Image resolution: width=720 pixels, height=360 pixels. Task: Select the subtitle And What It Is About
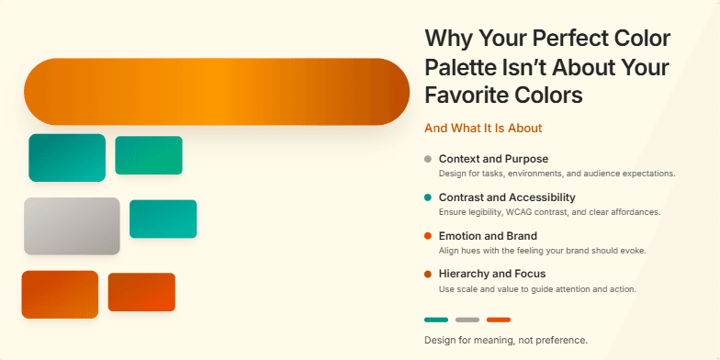click(x=483, y=129)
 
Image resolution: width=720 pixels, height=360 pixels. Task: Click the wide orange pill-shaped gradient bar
click(x=217, y=92)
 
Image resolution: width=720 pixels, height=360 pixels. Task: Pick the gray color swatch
click(x=72, y=226)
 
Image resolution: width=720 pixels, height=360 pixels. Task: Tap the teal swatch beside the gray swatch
click(x=163, y=219)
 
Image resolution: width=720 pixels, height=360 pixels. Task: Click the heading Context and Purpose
click(x=493, y=159)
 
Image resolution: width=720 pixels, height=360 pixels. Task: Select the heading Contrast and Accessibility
click(x=507, y=197)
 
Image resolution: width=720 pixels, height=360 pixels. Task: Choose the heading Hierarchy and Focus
click(x=492, y=274)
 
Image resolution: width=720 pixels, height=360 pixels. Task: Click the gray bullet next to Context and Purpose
click(x=428, y=159)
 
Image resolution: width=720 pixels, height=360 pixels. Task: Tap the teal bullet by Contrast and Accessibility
click(x=428, y=197)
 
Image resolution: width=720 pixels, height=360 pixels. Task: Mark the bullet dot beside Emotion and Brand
click(x=428, y=236)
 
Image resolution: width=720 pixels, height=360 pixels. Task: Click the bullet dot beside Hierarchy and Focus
click(x=428, y=274)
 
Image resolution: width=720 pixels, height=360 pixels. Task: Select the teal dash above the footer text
click(x=436, y=320)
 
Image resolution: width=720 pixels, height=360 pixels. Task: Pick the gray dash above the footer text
click(x=467, y=320)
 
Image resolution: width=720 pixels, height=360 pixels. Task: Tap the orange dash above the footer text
click(x=499, y=320)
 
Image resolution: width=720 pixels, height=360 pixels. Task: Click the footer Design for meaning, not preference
click(x=505, y=341)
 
